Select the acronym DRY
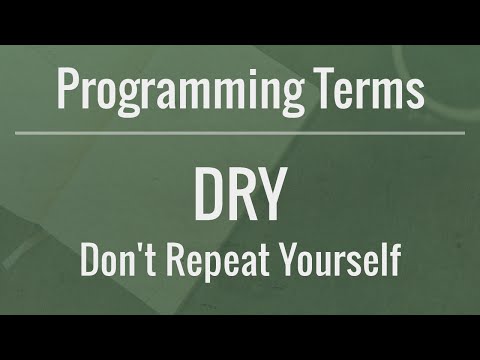pyautogui.click(x=240, y=198)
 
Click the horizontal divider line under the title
pyautogui.click(x=240, y=132)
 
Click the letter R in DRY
pyautogui.click(x=241, y=198)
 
